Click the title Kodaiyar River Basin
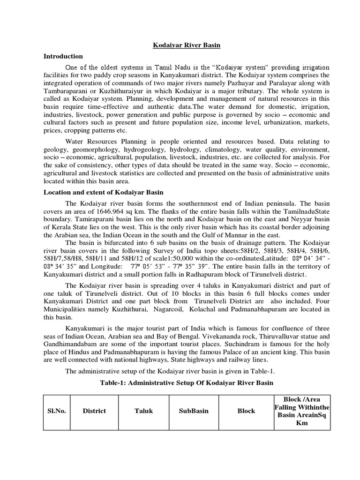click(180, 45)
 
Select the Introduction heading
click(63, 56)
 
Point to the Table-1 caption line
click(186, 382)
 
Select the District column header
click(94, 411)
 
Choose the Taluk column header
click(140, 411)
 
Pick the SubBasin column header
click(193, 411)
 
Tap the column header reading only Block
click(246, 411)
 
